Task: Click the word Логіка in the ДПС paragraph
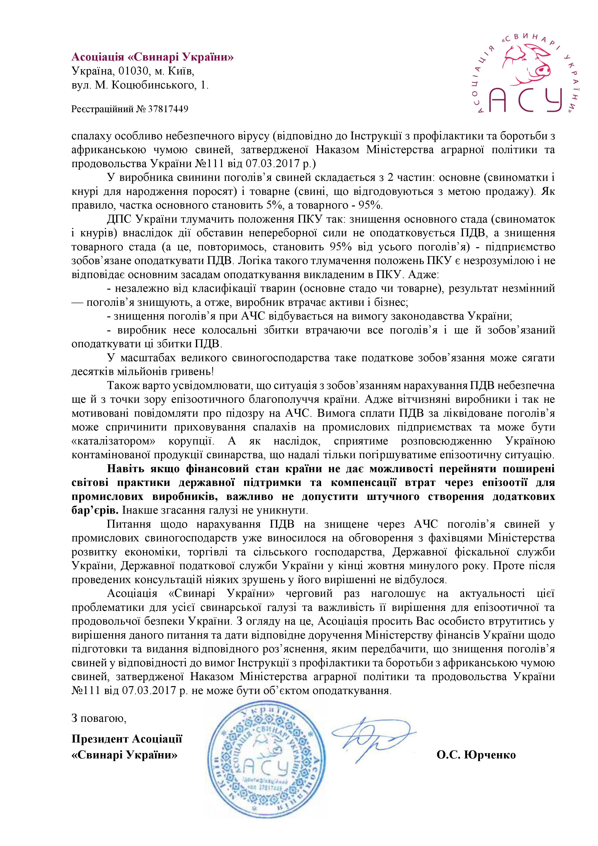(252, 261)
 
